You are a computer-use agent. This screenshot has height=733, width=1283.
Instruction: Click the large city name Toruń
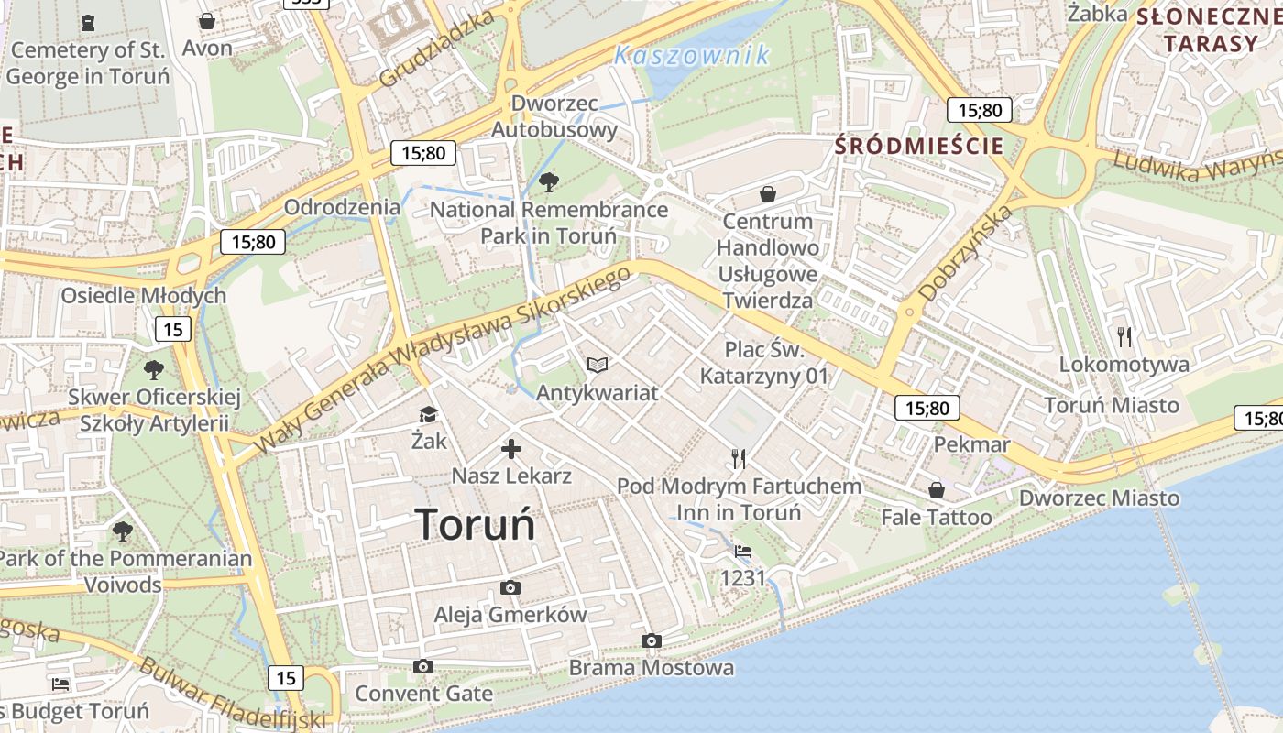pos(475,524)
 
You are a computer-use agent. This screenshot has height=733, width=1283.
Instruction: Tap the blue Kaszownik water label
pos(692,56)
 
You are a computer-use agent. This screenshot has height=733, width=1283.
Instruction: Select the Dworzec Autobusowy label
pos(554,116)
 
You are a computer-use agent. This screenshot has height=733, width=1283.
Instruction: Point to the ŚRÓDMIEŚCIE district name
pos(919,146)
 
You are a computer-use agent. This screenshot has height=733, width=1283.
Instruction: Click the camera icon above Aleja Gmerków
pos(510,587)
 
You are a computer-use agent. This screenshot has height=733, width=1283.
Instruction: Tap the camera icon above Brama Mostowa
pos(652,640)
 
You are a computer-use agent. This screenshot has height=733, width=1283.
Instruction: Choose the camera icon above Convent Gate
pos(422,666)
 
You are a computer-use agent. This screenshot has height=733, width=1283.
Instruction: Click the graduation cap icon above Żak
pos(428,414)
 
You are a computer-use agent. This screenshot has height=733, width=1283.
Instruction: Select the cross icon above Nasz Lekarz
pos(511,449)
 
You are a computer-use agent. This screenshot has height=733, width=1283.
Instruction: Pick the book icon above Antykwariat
pos(598,366)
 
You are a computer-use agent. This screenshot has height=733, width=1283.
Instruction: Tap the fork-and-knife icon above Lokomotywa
pos(1125,337)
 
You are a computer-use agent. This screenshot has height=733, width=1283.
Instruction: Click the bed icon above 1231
pos(743,552)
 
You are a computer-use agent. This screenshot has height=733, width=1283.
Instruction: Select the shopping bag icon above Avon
pos(207,20)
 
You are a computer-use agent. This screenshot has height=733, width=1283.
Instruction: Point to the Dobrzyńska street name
pos(966,254)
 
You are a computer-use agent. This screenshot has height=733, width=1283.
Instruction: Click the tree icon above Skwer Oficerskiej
pos(154,370)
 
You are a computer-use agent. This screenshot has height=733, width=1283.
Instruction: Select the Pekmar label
pos(971,445)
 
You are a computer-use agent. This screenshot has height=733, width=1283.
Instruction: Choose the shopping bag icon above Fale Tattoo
pos(937,490)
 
